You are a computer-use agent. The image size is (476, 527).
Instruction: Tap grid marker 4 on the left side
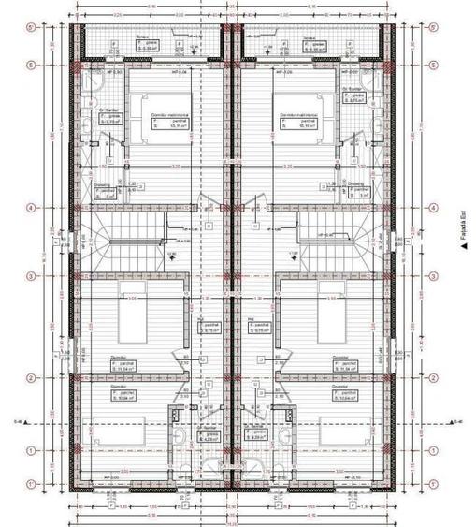32,208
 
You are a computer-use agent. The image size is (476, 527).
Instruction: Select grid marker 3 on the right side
432,276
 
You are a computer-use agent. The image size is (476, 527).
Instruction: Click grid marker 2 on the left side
32,378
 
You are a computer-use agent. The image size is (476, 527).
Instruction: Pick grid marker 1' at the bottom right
432,484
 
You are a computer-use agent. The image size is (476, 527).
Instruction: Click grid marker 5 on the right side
432,65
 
